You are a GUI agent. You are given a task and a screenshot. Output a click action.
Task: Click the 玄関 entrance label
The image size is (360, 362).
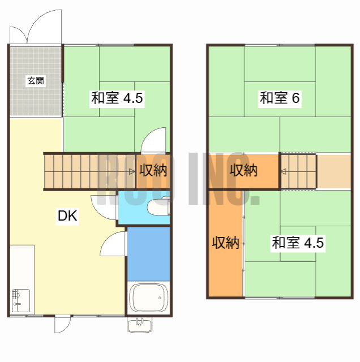pos(35,81)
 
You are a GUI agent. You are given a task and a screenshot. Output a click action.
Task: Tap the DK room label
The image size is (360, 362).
pos(67,216)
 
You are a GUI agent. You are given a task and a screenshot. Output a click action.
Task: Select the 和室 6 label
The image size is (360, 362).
pos(279,98)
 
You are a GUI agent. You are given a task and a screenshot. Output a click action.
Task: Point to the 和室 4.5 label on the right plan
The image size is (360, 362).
pos(298,244)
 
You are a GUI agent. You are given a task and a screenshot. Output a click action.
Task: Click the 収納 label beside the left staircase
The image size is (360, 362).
pos(153,170)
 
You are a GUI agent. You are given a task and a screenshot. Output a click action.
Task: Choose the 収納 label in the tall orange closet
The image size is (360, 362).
pos(225,243)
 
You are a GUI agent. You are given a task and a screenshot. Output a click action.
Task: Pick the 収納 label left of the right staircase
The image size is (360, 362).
pos(243,170)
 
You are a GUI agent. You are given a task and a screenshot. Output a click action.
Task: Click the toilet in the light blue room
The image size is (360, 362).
pos(157,207)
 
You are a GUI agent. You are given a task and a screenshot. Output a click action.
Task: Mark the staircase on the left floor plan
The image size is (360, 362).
pos(85,170)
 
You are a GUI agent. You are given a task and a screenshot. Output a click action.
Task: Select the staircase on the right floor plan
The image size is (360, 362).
pos(299,170)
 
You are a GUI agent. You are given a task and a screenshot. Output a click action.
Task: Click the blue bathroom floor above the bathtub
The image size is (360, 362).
pos(148,253)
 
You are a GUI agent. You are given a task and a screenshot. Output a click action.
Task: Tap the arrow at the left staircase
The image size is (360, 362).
pos(132,170)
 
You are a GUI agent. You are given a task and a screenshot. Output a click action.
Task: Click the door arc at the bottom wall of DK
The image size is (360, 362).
pos(62,325)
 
